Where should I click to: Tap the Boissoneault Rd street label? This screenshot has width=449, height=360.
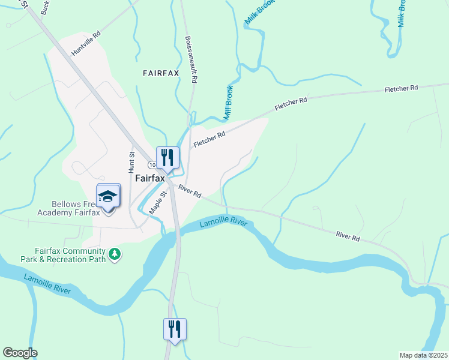coord(191,59)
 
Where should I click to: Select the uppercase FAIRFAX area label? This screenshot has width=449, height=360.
coord(161,73)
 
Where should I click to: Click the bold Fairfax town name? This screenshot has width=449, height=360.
coord(149,178)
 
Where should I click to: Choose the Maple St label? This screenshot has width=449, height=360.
coord(157,202)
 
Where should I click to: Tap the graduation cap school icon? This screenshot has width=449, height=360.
coord(108,197)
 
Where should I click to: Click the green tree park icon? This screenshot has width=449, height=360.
coord(114,255)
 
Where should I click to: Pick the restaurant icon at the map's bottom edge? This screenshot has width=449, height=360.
coord(175,329)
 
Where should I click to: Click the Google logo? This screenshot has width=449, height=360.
coord(20,353)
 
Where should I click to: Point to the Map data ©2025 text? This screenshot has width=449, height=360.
coord(423,355)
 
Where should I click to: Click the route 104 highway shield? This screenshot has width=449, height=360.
coord(152,164)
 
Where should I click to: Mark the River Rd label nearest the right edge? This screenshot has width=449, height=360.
coord(348,236)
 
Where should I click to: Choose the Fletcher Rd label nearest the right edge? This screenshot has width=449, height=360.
coord(401,88)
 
